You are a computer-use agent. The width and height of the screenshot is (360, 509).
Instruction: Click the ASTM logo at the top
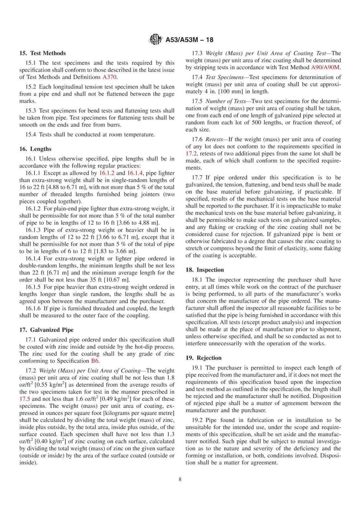coord(154,40)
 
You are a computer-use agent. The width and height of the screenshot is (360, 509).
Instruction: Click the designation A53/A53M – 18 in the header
coord(189,40)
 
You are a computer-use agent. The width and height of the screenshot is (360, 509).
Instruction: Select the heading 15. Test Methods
coord(42,53)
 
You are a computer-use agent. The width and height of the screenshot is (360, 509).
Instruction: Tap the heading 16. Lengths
coord(35,149)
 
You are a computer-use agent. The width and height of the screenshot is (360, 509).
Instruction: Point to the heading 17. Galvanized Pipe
coord(46,330)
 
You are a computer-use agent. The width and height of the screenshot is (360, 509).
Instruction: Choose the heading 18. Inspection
coord(205,270)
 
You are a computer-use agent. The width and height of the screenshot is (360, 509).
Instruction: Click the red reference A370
coord(110,77)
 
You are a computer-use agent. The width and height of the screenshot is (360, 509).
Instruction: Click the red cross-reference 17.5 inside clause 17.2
coord(25,399)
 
